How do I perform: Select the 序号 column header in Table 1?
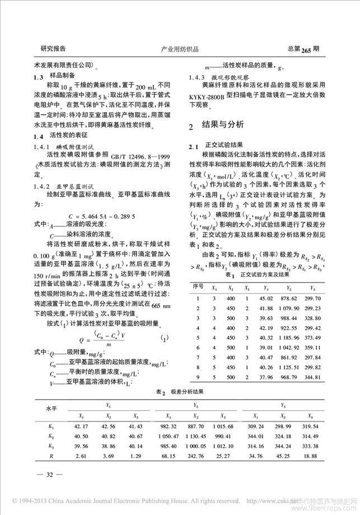point(197,286)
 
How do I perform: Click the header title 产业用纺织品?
point(179,49)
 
